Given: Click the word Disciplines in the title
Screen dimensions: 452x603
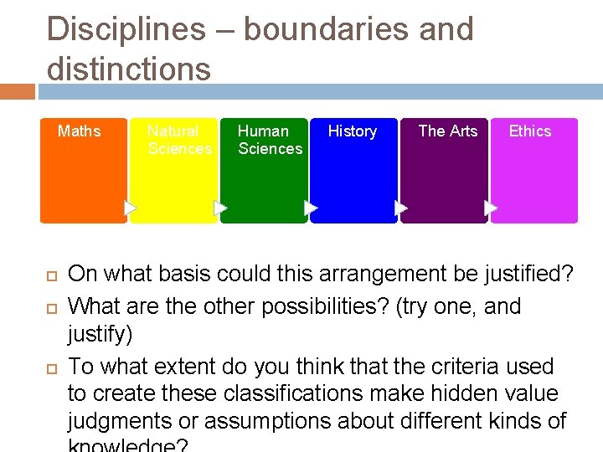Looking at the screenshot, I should tap(126, 29).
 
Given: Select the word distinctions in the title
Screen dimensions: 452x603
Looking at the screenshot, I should tap(129, 68).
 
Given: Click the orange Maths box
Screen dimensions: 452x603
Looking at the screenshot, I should tap(84, 176).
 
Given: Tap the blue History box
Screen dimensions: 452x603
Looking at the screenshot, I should tap(353, 176).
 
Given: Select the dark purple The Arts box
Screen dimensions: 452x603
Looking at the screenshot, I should tap(444, 176).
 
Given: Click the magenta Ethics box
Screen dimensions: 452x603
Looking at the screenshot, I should tap(534, 176).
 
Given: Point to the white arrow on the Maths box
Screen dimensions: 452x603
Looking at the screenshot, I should tap(130, 207).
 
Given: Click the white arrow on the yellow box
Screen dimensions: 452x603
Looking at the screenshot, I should tap(220, 207).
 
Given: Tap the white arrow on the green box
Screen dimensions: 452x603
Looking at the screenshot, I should tap(311, 207).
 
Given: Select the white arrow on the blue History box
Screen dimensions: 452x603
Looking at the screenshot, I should tap(401, 207).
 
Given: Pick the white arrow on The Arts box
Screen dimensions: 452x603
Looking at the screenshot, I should tap(491, 207).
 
